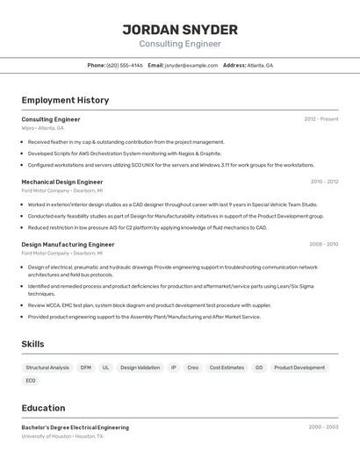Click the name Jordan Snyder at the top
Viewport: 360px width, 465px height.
180,29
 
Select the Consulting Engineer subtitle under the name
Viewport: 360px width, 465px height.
180,44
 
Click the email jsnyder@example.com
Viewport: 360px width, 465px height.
191,65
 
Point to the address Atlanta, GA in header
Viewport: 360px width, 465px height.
260,65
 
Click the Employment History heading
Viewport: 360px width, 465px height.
65,100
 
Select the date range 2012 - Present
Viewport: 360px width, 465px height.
321,119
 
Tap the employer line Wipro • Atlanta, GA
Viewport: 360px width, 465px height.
43,127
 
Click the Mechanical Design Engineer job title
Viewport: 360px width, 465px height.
62,182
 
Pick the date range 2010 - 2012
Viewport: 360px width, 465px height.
324,182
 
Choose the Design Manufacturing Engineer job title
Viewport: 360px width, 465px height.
68,245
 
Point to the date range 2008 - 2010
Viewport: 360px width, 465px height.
324,245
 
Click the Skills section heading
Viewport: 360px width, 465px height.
32,345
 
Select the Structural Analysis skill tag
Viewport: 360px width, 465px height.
47,368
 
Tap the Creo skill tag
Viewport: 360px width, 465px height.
193,368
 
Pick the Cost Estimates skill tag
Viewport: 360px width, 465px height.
227,368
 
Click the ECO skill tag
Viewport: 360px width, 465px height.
31,381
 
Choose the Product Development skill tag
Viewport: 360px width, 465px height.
299,368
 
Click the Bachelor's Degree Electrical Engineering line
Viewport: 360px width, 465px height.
76,427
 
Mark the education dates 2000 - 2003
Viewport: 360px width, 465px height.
323,427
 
